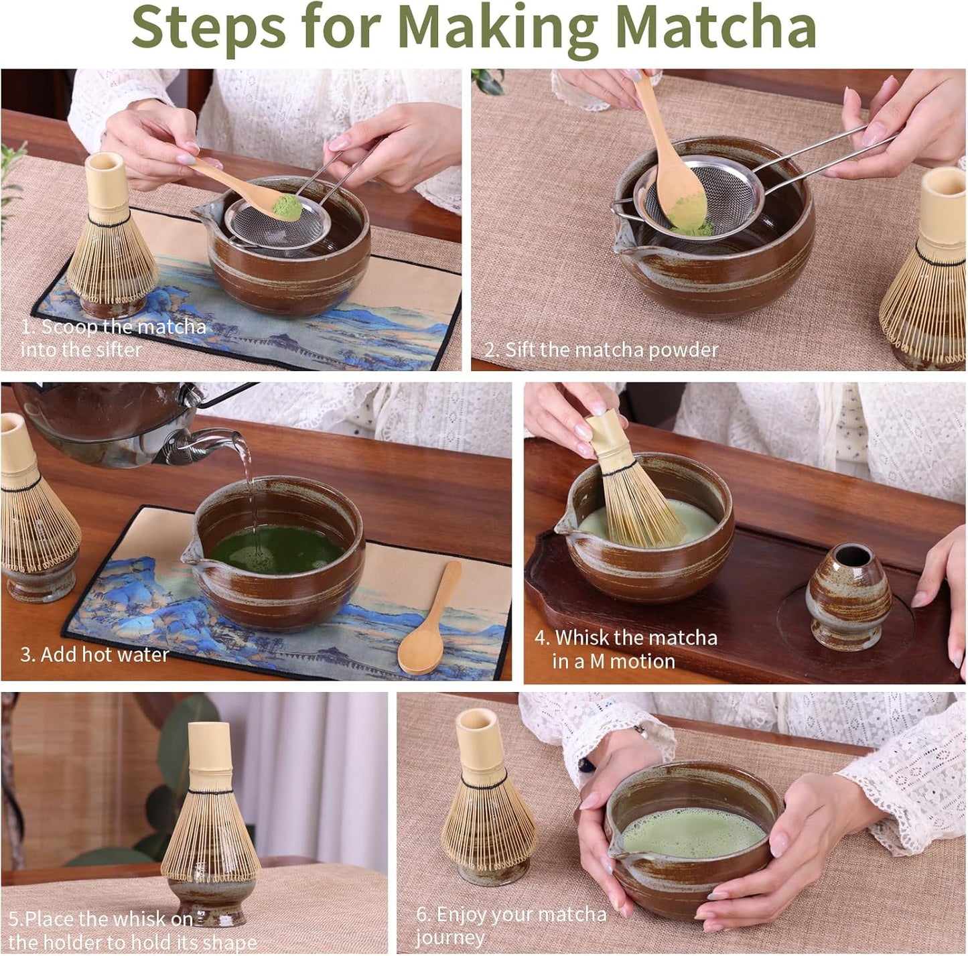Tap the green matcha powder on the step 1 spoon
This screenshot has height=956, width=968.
pyautogui.click(x=286, y=206)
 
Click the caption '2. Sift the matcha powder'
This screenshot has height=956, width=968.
pyautogui.click(x=601, y=350)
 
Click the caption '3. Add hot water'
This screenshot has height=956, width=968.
pyautogui.click(x=94, y=655)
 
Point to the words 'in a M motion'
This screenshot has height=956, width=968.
pyautogui.click(x=613, y=662)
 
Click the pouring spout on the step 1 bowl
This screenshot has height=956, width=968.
pyautogui.click(x=204, y=214)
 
